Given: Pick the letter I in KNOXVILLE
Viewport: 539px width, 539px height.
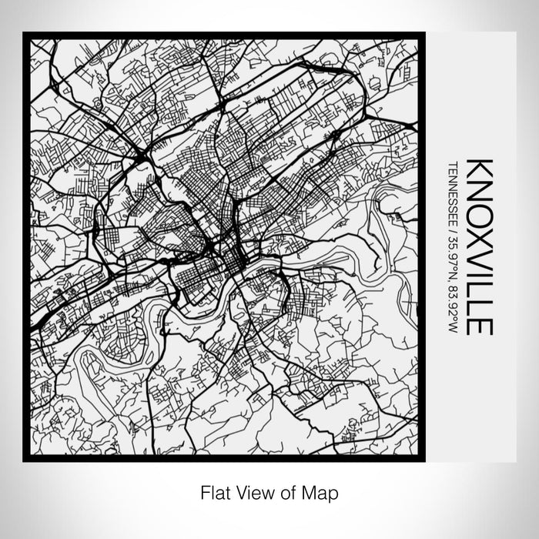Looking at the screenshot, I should tap(480, 270).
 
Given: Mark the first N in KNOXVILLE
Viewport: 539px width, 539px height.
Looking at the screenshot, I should tap(480, 189).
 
